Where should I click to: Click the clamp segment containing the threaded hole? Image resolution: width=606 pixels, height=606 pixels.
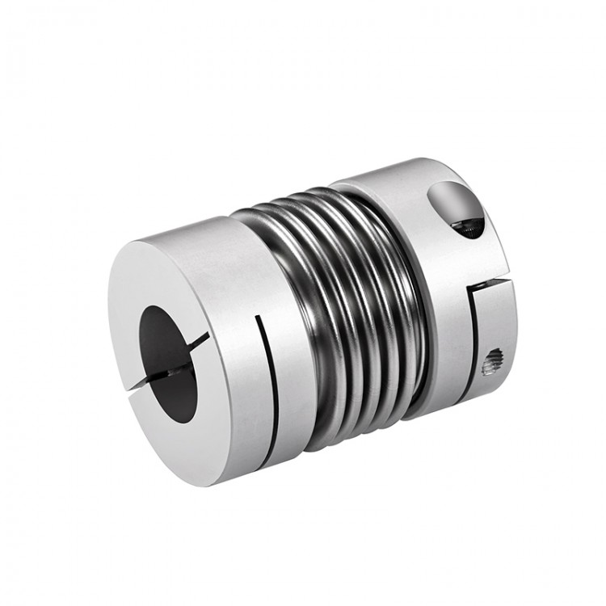493,339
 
